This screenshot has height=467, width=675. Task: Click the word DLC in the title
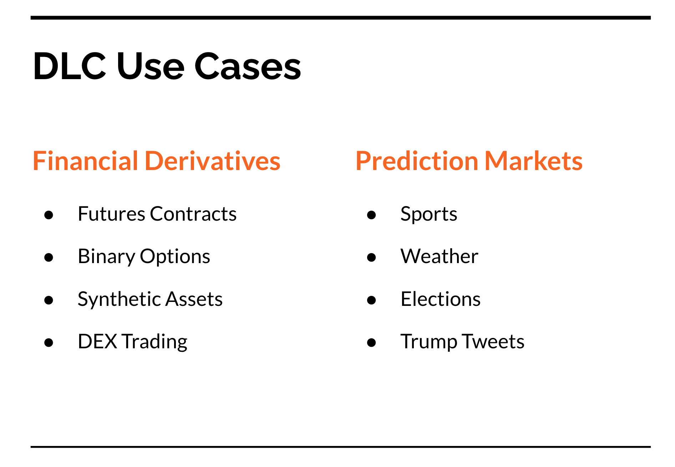pos(70,66)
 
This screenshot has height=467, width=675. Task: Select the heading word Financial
pos(85,161)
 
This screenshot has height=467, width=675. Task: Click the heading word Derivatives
pos(213,161)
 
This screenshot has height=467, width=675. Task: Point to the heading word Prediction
pos(417,161)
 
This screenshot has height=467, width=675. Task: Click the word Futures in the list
pos(112,214)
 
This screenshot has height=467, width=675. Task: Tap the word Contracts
pos(193,214)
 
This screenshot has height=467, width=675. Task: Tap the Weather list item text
pos(440,256)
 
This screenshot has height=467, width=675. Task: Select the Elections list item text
pos(441,299)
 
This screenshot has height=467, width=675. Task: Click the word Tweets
pos(493,341)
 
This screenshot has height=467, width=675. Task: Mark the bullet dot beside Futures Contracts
pos(49,215)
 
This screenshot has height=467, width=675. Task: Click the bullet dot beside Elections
pos(371,300)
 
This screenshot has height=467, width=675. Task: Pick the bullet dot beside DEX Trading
pos(49,342)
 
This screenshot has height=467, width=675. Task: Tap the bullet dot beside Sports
pos(371,215)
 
